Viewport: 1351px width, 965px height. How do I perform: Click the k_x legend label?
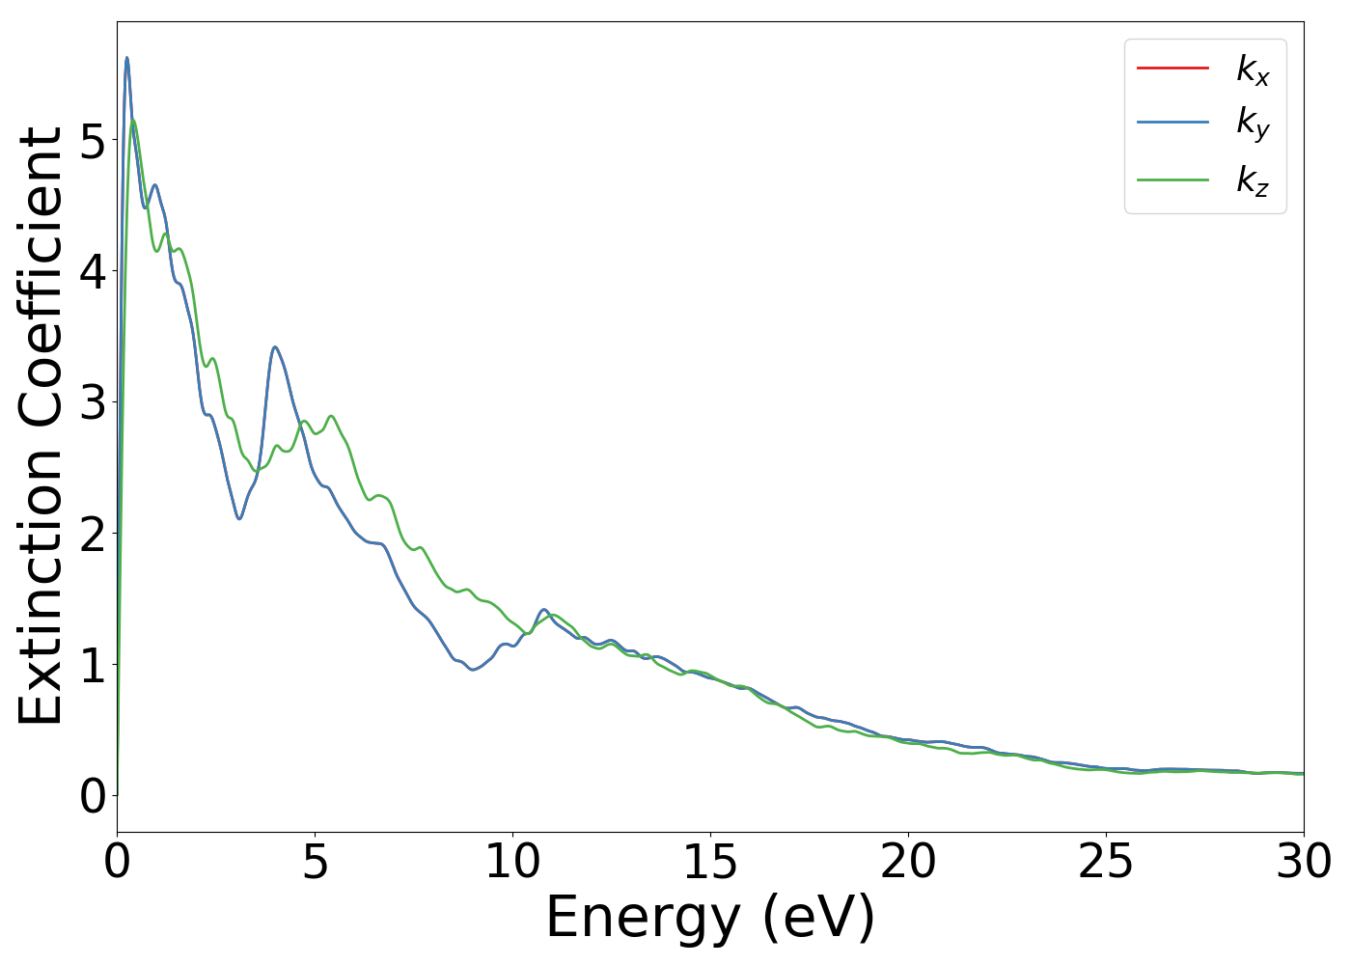1253,69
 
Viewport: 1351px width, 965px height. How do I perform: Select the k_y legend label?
1253,124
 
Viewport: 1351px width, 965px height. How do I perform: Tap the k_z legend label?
1253,180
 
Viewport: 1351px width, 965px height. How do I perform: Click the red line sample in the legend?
1172,68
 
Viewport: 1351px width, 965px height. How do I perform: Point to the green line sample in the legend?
1172,179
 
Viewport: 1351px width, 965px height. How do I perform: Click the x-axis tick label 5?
315,862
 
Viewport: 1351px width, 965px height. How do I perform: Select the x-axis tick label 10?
512,862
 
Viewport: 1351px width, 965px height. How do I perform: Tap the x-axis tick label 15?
710,862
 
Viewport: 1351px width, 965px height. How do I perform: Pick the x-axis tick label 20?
908,862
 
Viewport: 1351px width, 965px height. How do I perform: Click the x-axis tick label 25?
1106,862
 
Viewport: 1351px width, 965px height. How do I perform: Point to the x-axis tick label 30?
1304,862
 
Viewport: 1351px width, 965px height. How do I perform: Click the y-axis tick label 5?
93,141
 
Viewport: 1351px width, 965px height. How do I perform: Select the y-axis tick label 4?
93,272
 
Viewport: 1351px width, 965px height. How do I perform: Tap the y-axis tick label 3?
93,403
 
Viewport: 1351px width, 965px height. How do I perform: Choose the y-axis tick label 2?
93,535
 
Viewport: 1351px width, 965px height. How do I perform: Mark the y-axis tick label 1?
93,666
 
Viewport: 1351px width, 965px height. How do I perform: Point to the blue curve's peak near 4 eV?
275,347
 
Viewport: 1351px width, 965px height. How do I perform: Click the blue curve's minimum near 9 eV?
473,669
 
